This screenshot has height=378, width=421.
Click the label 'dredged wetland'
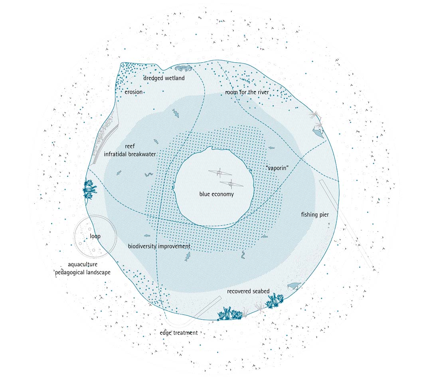[164, 78]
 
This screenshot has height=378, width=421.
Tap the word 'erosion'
[133, 92]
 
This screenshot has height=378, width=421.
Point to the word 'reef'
[130, 146]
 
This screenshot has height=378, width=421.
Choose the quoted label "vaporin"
[277, 168]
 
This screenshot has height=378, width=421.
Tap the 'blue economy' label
[216, 194]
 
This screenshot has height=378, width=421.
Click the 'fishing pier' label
[315, 215]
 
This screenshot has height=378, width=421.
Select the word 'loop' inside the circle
[95, 236]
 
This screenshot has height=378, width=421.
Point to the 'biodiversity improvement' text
[159, 246]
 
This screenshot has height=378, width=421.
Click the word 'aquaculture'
[83, 264]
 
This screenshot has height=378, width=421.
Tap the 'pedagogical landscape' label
[83, 272]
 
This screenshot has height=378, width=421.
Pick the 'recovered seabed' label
[248, 291]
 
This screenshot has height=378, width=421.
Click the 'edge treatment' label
[179, 332]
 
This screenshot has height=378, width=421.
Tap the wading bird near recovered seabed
[295, 286]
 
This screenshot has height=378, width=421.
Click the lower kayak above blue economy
[231, 184]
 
